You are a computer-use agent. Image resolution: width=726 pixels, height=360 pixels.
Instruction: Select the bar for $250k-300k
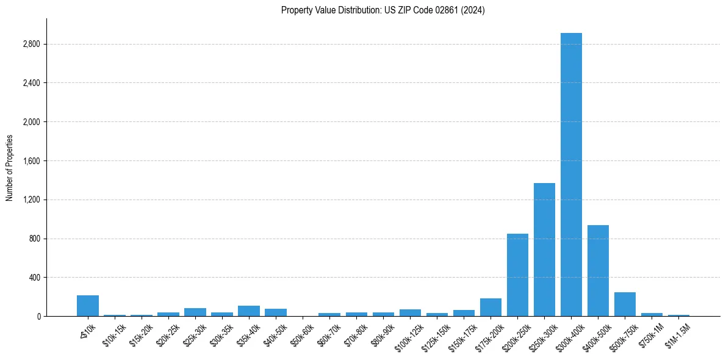[x=544, y=250]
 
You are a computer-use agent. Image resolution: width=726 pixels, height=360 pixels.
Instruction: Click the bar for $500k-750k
[x=625, y=304]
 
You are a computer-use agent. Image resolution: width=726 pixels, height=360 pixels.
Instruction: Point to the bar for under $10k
[x=88, y=306]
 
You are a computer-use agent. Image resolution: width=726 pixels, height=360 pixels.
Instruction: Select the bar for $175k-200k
[x=491, y=308]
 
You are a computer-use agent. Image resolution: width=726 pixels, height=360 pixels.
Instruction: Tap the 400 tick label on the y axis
[x=34, y=278]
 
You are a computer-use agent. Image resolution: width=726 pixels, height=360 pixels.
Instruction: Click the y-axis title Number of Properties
[x=10, y=167]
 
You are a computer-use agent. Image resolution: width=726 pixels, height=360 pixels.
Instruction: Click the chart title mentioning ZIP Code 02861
[x=383, y=10]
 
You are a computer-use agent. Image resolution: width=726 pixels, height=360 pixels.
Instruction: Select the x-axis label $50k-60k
[x=303, y=335]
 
